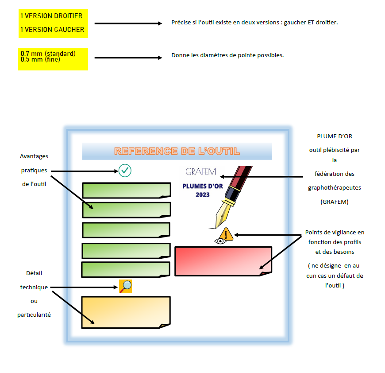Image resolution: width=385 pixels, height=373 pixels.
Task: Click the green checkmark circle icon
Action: click(x=125, y=171)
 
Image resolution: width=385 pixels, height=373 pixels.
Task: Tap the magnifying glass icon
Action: click(x=126, y=286)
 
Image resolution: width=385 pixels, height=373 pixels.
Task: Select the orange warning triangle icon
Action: click(x=226, y=233)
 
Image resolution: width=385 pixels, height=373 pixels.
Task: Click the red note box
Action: click(x=223, y=260)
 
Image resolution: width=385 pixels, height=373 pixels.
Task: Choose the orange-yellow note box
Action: click(x=126, y=312)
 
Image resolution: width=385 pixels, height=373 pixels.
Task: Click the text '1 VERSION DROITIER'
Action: click(x=51, y=16)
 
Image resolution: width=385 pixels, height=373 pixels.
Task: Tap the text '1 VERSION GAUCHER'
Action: click(x=52, y=30)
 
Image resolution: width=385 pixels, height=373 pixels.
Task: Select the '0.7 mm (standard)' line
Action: click(x=48, y=54)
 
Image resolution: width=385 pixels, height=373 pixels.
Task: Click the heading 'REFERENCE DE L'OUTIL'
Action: click(x=177, y=151)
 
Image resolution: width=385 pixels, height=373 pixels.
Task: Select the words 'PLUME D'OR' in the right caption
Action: click(x=335, y=136)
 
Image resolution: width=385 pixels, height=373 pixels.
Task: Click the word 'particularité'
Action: click(x=34, y=315)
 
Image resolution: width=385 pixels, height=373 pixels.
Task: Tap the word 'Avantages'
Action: click(x=34, y=156)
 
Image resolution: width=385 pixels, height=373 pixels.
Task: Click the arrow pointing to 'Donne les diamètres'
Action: click(x=128, y=58)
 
